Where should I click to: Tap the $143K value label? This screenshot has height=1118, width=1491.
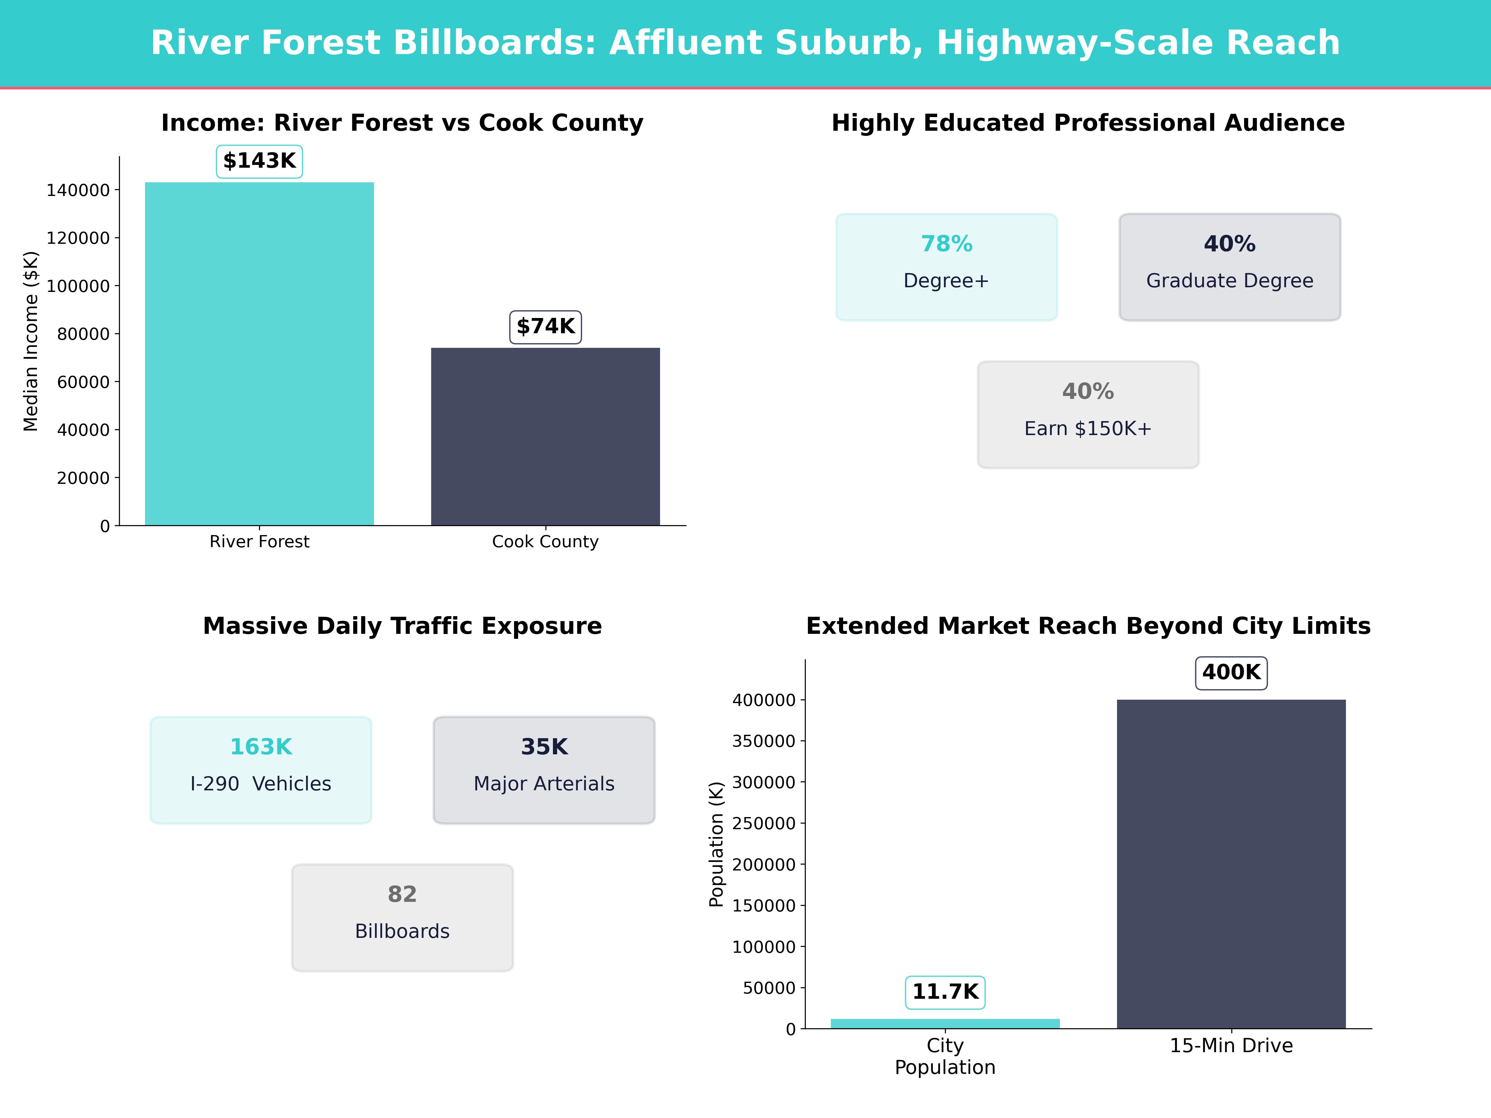(259, 161)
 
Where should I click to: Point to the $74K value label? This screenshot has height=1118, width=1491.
(545, 327)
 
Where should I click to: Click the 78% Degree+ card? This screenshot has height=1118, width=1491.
(946, 267)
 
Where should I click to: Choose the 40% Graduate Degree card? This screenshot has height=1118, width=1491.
(1229, 267)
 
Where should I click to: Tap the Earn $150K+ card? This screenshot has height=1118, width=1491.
(1088, 415)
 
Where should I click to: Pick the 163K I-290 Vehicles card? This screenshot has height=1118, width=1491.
(261, 770)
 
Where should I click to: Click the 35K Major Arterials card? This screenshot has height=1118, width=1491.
(544, 770)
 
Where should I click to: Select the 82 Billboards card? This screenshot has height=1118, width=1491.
(402, 917)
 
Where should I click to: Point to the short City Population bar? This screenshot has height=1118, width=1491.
(945, 1023)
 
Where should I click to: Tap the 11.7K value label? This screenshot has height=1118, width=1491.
(945, 992)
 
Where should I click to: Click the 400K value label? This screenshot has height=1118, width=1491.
(1231, 673)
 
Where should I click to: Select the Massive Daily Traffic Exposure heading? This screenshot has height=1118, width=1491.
(402, 626)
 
